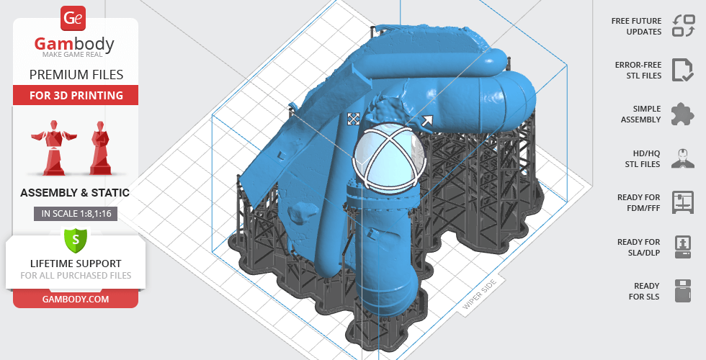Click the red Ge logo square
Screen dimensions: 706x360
(73, 18)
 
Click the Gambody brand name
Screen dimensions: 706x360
(74, 44)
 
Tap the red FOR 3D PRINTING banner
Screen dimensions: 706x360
(76, 95)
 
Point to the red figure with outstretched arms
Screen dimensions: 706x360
(54, 147)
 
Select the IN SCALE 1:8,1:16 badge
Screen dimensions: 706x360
(76, 214)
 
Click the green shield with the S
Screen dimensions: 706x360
(76, 239)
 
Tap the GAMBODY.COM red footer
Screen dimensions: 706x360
(76, 300)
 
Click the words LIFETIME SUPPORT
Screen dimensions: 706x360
(76, 264)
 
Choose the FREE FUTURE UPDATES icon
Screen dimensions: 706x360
(684, 26)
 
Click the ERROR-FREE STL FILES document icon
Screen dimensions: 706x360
(683, 70)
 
